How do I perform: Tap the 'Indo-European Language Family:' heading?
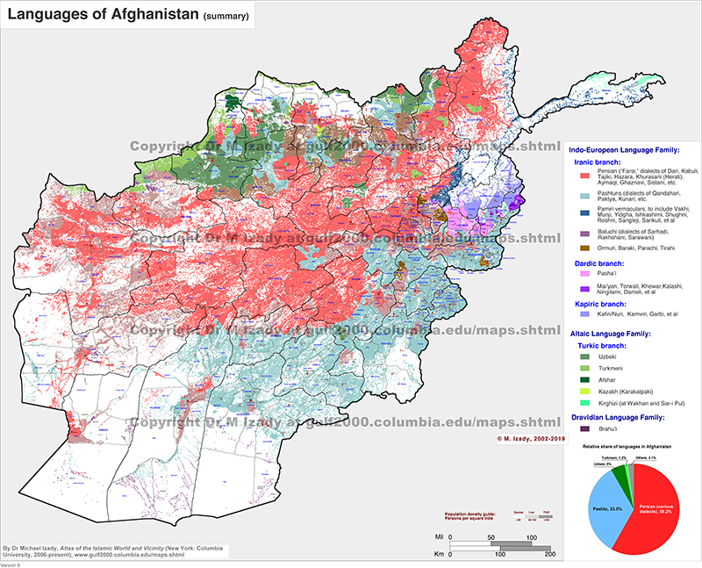click(622, 150)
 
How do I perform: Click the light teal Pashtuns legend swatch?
click(579, 193)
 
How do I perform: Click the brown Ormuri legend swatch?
click(579, 249)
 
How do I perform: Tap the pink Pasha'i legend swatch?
click(579, 273)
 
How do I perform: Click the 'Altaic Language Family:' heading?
click(613, 334)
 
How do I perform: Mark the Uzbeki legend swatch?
click(579, 356)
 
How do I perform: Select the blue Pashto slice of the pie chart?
click(613, 509)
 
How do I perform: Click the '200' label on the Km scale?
click(549, 556)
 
